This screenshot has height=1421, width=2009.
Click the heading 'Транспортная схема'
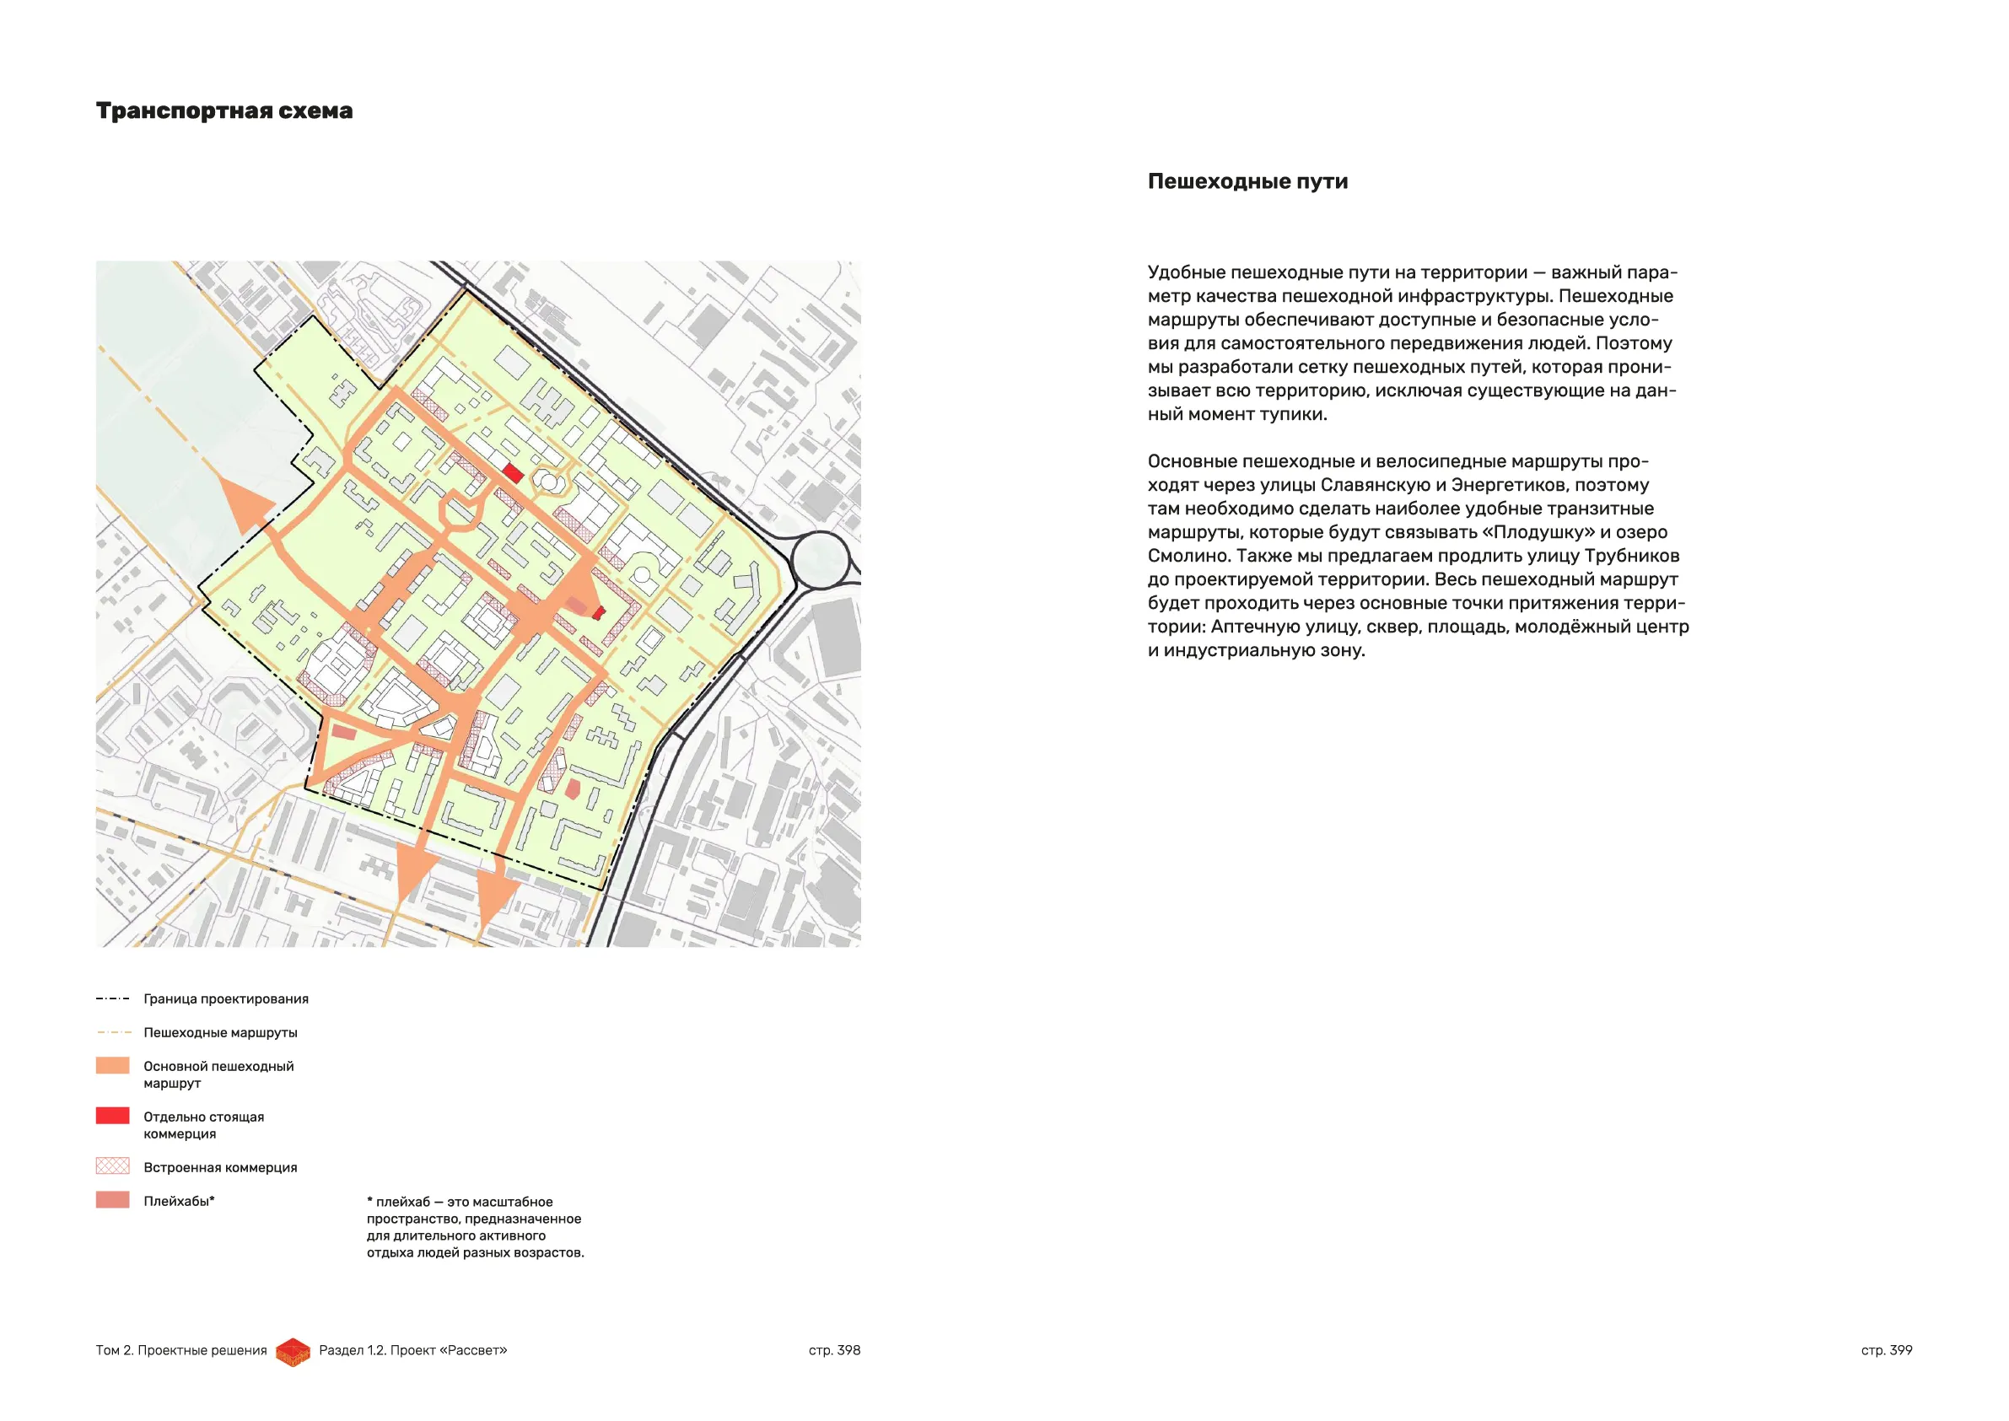224,111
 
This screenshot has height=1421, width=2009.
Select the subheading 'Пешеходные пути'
1247,181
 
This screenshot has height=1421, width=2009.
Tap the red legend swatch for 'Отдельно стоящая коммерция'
112,1116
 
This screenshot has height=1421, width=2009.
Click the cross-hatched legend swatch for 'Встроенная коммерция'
112,1166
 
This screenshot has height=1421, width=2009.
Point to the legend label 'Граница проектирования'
226,999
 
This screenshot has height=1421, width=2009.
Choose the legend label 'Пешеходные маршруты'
220,1032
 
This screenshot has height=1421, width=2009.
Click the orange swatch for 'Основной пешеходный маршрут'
112,1066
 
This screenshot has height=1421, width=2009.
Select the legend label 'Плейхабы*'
179,1202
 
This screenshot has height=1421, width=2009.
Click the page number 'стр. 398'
834,1350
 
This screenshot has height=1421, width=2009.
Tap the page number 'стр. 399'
1886,1350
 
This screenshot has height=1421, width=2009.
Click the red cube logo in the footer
294,1352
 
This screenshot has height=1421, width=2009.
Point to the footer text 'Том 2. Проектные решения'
181,1350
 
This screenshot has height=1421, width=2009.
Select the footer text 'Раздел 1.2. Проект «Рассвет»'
413,1350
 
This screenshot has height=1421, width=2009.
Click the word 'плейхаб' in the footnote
403,1203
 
